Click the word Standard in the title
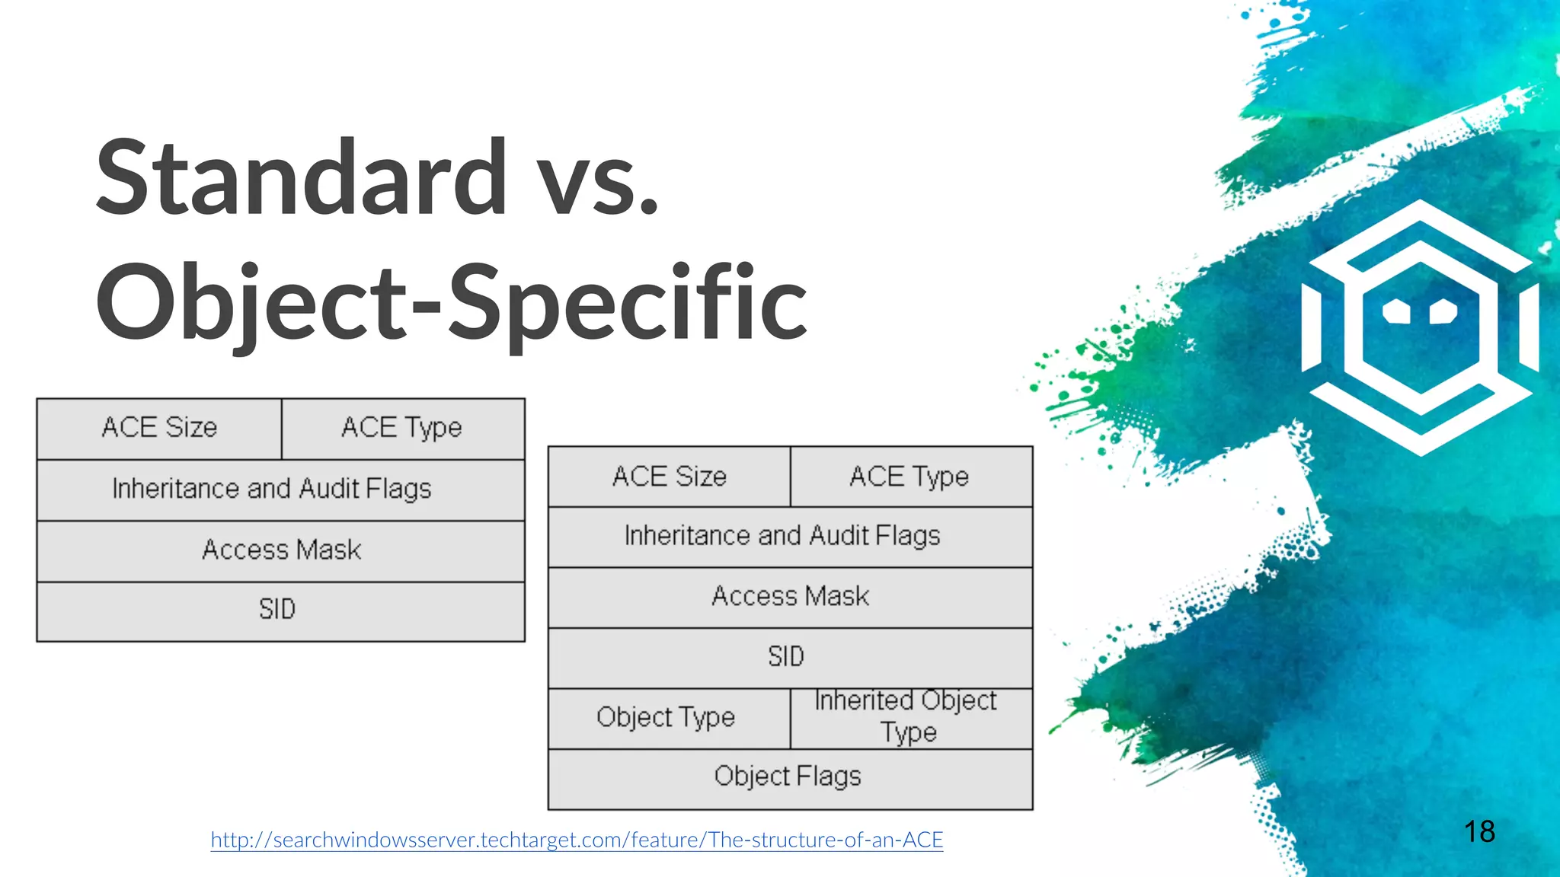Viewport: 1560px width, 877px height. pos(302,177)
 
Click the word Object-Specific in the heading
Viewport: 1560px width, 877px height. pos(451,302)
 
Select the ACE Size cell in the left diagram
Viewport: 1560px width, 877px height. pos(159,428)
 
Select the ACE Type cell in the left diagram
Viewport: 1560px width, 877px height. pos(401,428)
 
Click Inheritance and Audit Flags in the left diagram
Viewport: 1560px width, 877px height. pos(272,489)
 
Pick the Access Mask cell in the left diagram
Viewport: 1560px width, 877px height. pos(281,550)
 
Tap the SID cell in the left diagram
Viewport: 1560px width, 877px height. pos(277,610)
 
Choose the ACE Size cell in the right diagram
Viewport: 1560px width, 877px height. pos(670,477)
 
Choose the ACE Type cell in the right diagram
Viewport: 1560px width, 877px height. pos(909,477)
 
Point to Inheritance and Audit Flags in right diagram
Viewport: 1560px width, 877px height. pos(782,536)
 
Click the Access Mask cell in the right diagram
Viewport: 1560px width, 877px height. pos(790,596)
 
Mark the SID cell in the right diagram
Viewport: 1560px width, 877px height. pos(786,656)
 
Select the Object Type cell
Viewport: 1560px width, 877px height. pos(666,717)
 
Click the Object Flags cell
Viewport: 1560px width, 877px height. pos(788,777)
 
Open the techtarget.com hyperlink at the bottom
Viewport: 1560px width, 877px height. pos(577,840)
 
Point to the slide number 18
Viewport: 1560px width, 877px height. pos(1479,831)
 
